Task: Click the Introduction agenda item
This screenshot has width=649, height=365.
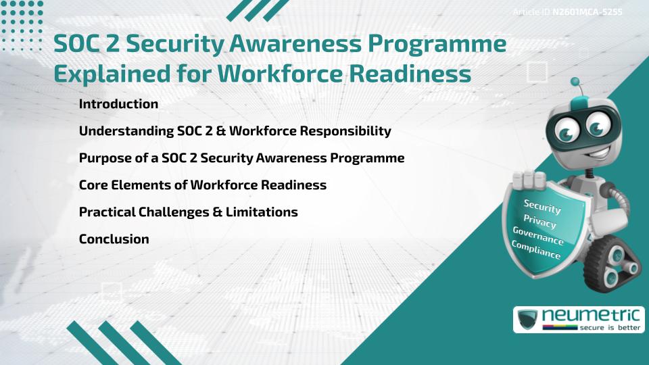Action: (x=118, y=104)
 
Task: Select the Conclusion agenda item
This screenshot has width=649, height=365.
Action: (x=114, y=239)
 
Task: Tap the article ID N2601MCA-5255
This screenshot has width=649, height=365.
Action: (x=587, y=12)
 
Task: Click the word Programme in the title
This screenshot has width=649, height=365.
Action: (x=437, y=43)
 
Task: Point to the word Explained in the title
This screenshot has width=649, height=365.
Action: (x=112, y=74)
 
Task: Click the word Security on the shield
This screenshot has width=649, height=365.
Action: (x=542, y=206)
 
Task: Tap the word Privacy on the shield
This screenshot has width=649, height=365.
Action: (x=539, y=222)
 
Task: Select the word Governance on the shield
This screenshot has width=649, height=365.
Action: (x=538, y=236)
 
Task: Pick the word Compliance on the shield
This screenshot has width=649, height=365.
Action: (x=535, y=250)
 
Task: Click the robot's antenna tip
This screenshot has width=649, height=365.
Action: (x=575, y=82)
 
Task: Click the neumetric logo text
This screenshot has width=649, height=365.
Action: (x=591, y=316)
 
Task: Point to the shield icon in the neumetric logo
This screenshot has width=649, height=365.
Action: (x=528, y=319)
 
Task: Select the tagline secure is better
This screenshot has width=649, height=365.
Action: (x=610, y=328)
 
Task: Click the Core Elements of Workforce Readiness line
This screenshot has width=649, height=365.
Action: (x=203, y=185)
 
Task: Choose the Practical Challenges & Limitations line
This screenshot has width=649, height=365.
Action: (x=189, y=212)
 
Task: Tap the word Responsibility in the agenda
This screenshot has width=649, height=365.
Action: (x=345, y=131)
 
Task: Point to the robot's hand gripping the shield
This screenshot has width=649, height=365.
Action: (x=529, y=180)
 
